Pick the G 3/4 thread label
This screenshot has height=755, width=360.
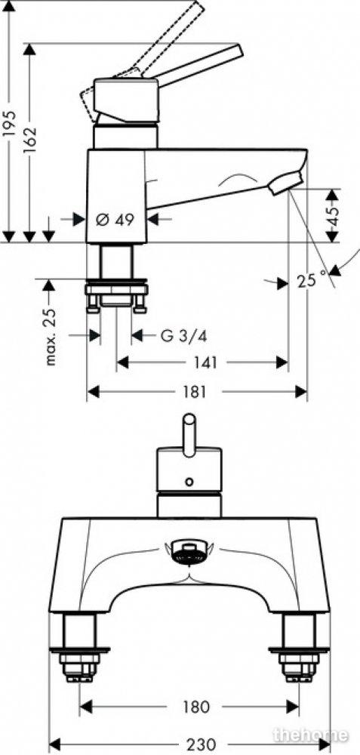[x=183, y=335]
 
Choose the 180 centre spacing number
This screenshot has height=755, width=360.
[x=195, y=707]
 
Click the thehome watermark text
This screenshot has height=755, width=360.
[x=310, y=735]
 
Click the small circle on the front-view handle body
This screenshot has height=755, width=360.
[x=189, y=481]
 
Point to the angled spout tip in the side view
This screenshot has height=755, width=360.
[x=285, y=184]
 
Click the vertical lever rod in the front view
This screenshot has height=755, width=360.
[x=189, y=432]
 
